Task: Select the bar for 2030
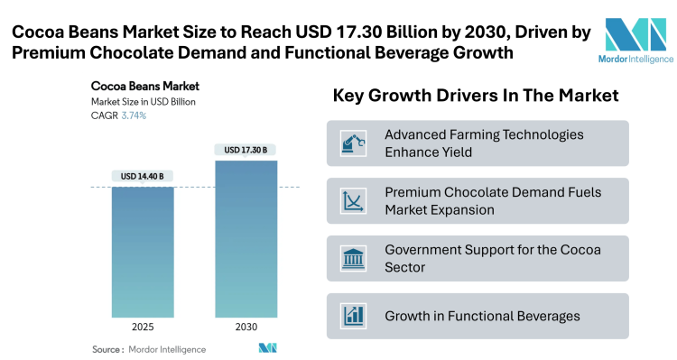[246, 238]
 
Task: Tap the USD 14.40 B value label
[143, 175]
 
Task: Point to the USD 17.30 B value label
[246, 149]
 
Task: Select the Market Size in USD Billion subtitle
[144, 102]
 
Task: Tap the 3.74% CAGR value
[134, 115]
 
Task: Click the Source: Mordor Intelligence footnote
[149, 349]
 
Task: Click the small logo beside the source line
[267, 348]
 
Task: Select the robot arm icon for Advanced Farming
[352, 143]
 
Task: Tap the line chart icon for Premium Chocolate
[352, 201]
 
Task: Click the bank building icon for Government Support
[352, 258]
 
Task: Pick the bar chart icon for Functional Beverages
[352, 316]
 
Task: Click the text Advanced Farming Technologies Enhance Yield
[484, 143]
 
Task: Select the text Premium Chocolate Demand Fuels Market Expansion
[493, 201]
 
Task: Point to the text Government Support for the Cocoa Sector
[493, 258]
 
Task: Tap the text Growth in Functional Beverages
[482, 316]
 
